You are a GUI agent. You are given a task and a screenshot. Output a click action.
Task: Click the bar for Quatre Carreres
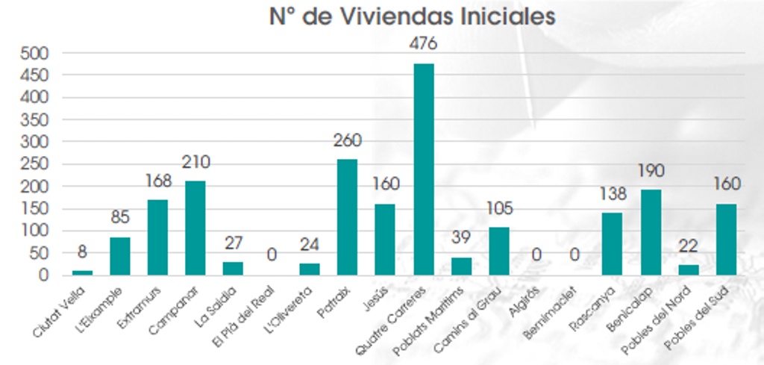(423, 169)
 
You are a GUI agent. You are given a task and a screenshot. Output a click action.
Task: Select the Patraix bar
(347, 216)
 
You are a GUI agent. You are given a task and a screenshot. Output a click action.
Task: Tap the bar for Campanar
(195, 228)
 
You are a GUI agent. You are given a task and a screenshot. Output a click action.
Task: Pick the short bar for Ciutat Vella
(81, 272)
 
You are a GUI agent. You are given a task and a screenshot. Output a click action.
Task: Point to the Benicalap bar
(651, 232)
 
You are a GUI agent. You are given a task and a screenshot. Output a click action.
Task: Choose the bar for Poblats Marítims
(461, 266)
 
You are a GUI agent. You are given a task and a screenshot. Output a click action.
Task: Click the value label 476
(423, 43)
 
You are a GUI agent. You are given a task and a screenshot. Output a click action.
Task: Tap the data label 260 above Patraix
(347, 141)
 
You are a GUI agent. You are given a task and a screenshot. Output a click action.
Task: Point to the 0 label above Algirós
(537, 255)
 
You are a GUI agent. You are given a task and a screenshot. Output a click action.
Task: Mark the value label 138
(613, 193)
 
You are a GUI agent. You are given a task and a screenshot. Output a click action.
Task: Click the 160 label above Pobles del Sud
(727, 183)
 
